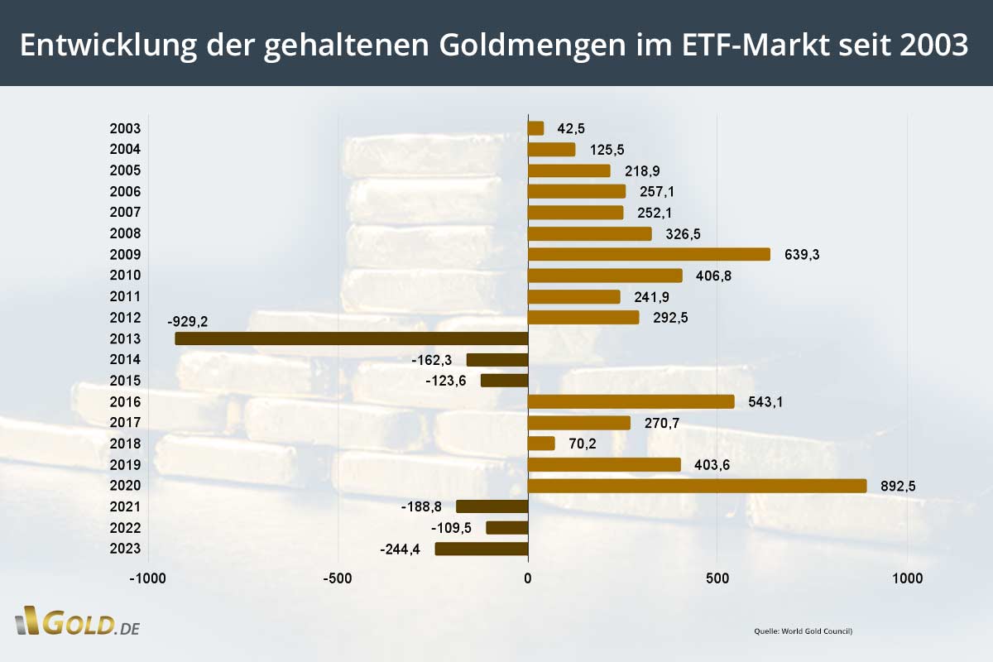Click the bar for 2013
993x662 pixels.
(x=352, y=338)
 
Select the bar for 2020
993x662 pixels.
(x=697, y=486)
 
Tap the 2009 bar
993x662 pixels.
(x=649, y=254)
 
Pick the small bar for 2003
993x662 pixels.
(x=536, y=128)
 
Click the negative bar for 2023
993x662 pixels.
(x=482, y=549)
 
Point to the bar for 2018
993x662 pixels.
(x=541, y=444)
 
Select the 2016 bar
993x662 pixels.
(x=631, y=401)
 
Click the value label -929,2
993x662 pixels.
(x=188, y=319)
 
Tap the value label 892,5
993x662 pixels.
(x=896, y=487)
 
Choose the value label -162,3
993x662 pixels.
(x=432, y=360)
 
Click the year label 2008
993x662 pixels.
(x=125, y=233)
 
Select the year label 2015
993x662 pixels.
(x=125, y=381)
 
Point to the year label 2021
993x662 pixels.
(x=125, y=507)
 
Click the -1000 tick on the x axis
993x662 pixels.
(x=148, y=578)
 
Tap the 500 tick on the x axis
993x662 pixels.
(x=717, y=578)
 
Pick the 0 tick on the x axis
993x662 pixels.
(x=528, y=578)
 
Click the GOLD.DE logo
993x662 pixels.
(x=77, y=622)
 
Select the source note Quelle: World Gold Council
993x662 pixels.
(x=803, y=631)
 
